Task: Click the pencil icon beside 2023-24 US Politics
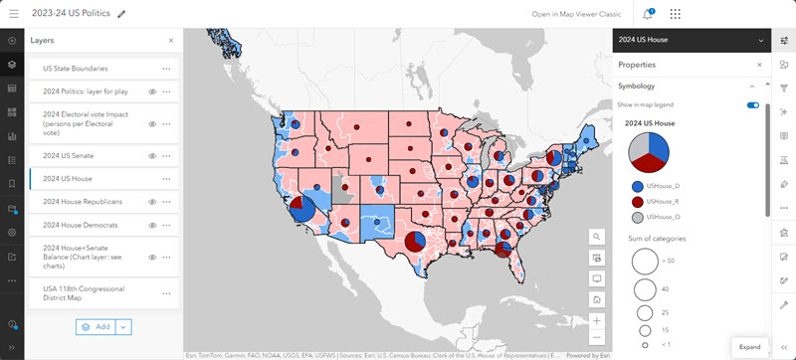[x=121, y=14]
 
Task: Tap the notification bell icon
[x=648, y=14]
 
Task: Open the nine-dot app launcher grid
[x=677, y=14]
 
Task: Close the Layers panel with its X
[x=170, y=41]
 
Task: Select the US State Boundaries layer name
[x=75, y=69]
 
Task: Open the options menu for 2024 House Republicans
[x=167, y=202]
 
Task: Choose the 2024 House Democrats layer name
[x=83, y=225]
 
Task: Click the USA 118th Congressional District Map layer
[x=88, y=294]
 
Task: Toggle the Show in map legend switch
[x=752, y=104]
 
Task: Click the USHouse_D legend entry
[x=662, y=186]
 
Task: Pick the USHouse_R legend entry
[x=662, y=201]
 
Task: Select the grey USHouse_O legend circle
[x=636, y=216]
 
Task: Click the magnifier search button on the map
[x=596, y=237]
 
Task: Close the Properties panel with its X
[x=759, y=65]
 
